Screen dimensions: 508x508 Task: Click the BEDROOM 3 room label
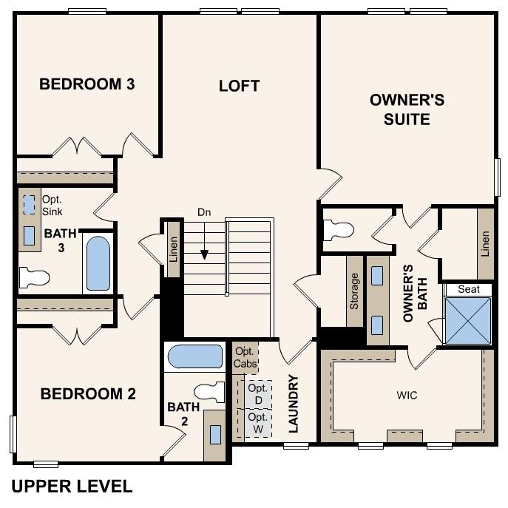click(x=87, y=84)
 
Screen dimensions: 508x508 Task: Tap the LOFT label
click(x=239, y=86)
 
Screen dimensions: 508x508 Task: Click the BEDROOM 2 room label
click(x=88, y=393)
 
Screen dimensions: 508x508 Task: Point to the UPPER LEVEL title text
click(x=72, y=487)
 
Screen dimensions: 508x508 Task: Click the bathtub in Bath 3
click(x=98, y=263)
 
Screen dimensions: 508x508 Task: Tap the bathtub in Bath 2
click(x=194, y=357)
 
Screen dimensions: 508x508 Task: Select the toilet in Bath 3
click(x=33, y=278)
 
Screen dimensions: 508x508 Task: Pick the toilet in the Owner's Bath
click(x=340, y=230)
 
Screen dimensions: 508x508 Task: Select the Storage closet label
click(x=354, y=290)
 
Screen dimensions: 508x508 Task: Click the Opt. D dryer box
click(x=257, y=393)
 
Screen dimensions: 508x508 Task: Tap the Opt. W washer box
click(x=257, y=423)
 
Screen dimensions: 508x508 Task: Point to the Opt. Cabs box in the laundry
click(x=245, y=358)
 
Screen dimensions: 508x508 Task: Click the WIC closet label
click(x=407, y=396)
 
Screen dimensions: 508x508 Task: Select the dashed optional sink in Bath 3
click(x=29, y=204)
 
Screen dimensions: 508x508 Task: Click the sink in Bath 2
click(x=215, y=434)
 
